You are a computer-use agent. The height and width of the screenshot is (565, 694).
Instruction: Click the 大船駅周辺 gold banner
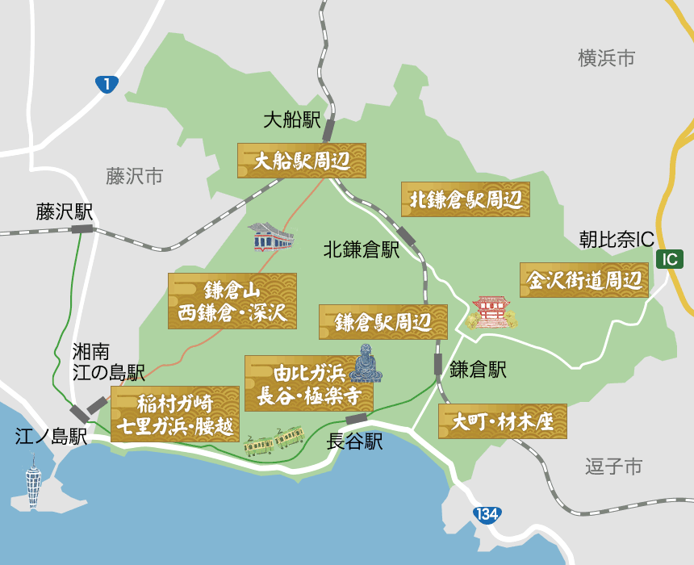click(301, 161)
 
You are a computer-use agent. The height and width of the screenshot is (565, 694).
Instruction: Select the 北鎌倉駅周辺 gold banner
click(466, 199)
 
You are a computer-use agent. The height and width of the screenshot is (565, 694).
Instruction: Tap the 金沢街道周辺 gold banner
click(584, 279)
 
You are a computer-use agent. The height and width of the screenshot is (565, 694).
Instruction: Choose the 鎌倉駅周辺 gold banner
click(383, 322)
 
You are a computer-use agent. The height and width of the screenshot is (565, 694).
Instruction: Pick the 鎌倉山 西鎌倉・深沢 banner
click(232, 301)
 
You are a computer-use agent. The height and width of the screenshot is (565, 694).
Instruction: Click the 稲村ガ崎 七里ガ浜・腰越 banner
click(175, 413)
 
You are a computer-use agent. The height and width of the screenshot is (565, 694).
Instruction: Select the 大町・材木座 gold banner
click(503, 421)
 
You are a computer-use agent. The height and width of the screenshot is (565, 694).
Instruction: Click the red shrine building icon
click(491, 312)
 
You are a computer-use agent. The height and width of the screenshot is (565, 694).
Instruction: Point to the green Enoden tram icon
click(274, 441)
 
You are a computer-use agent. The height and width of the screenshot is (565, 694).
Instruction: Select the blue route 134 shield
click(487, 515)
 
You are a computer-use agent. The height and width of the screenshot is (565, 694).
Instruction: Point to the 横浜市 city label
click(606, 58)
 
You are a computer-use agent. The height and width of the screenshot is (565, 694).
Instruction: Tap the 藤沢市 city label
click(134, 176)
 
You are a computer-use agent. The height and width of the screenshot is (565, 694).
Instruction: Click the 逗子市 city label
click(613, 467)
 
